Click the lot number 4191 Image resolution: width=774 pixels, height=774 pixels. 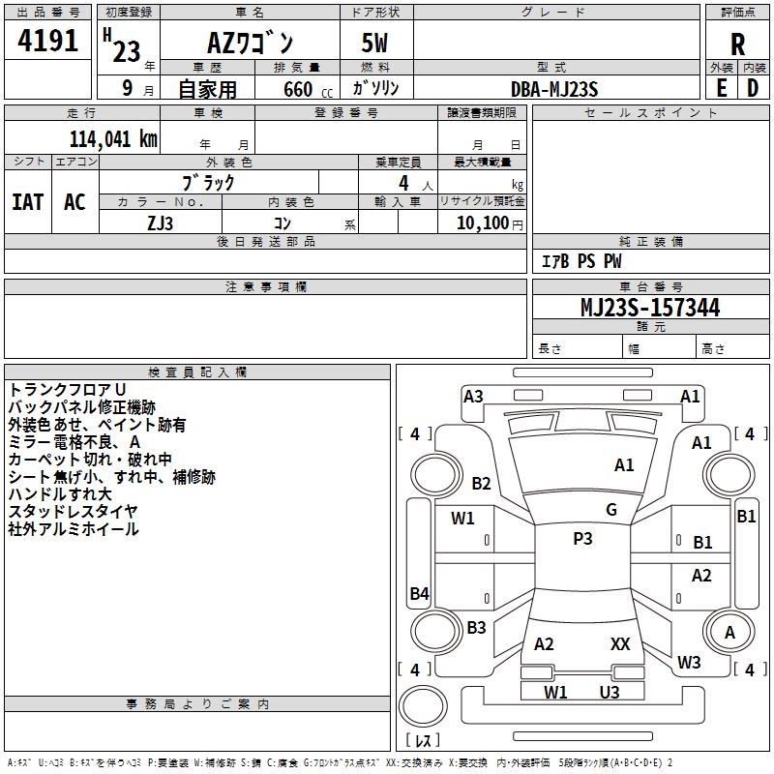[49, 41]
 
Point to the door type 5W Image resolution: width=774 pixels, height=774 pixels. [376, 44]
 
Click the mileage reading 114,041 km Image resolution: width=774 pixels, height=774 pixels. [112, 138]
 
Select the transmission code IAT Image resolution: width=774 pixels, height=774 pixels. [27, 201]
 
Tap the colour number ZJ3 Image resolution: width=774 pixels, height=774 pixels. [160, 223]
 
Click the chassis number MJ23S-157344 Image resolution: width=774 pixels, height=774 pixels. [649, 308]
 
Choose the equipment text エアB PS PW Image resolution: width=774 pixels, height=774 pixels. [580, 261]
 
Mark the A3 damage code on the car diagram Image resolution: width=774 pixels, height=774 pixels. [473, 396]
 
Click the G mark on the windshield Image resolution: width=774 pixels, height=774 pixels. [610, 510]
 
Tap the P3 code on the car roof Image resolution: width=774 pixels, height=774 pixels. [581, 539]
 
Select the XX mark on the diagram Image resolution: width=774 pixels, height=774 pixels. [620, 643]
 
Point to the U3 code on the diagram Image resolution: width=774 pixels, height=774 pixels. [609, 692]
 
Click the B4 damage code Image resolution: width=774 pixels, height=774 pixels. [419, 593]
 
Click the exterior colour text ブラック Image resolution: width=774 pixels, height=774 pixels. [208, 182]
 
